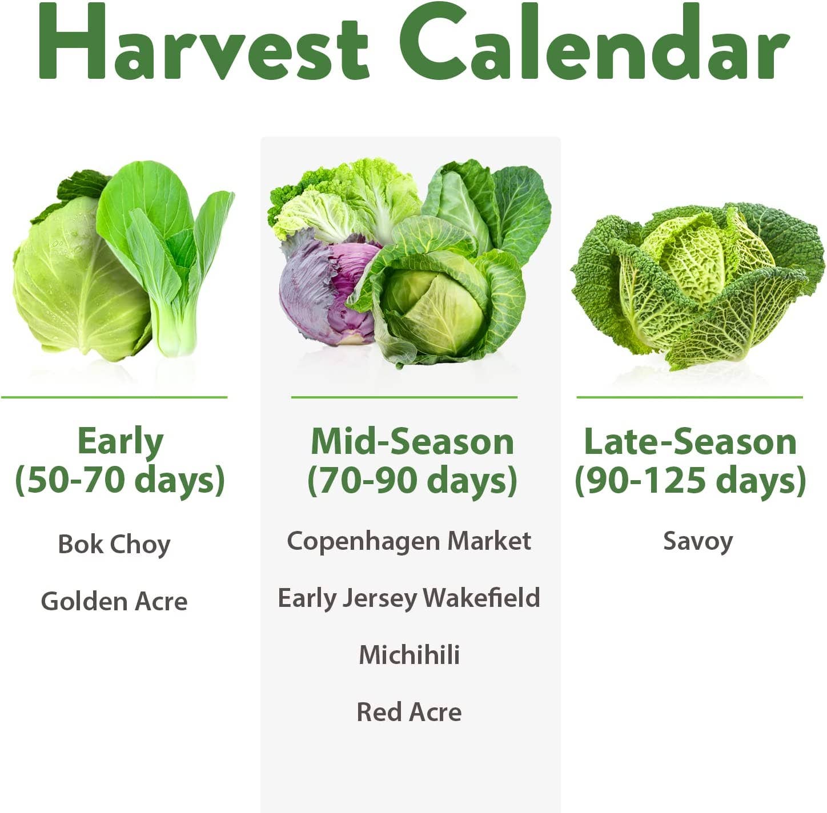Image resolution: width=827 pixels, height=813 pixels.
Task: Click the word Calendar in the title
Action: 594,43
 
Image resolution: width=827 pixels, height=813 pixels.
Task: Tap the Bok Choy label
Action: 114,544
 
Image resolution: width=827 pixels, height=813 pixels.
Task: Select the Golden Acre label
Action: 114,601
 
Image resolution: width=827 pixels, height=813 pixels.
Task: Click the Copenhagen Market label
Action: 409,541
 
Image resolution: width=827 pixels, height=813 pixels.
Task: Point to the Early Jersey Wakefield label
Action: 409,598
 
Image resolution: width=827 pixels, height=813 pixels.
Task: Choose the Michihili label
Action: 409,655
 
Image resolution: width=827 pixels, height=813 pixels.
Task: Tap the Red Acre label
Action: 409,712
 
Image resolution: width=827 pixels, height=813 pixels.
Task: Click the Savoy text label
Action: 698,541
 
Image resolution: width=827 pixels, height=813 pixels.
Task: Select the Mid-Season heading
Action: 412,442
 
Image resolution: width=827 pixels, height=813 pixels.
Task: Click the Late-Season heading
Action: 690,442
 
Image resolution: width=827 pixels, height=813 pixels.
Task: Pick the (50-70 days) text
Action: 120,480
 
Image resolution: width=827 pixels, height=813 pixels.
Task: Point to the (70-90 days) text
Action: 412,480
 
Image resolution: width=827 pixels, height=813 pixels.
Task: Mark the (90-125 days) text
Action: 690,480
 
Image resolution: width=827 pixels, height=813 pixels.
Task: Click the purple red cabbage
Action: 320,291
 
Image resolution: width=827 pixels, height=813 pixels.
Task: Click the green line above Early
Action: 114,397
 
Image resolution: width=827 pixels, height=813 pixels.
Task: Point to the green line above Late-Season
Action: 689,397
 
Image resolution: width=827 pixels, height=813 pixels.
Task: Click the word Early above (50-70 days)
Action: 120,442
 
